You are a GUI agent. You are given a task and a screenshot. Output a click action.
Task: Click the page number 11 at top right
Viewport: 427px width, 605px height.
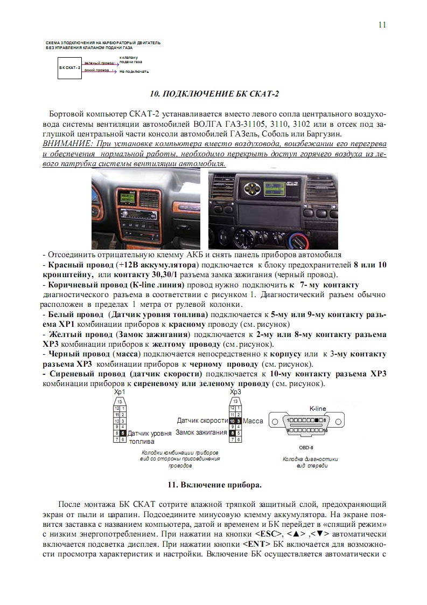click(x=382, y=25)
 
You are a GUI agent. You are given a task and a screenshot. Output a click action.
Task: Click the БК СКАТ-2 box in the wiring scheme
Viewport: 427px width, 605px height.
click(x=70, y=67)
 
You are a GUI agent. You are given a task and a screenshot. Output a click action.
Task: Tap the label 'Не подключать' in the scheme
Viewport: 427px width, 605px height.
click(x=134, y=71)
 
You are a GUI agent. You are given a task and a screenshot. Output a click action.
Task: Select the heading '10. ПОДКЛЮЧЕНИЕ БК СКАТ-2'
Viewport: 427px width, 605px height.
click(x=214, y=94)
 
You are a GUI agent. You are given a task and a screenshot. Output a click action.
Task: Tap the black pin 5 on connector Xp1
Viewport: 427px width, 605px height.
click(x=123, y=432)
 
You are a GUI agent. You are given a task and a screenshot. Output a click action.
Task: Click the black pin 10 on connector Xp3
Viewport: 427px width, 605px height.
click(x=232, y=421)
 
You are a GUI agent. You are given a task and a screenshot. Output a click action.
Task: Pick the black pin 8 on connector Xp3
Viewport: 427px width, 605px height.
click(x=232, y=432)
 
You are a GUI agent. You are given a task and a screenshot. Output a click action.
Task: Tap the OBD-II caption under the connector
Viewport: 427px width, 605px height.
click(x=306, y=447)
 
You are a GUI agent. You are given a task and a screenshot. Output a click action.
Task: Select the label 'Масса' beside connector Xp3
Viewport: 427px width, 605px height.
click(x=253, y=421)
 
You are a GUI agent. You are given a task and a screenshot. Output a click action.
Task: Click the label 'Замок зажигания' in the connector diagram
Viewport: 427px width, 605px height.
click(x=201, y=432)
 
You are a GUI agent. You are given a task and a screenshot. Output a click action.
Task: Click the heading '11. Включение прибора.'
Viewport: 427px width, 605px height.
click(x=214, y=485)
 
